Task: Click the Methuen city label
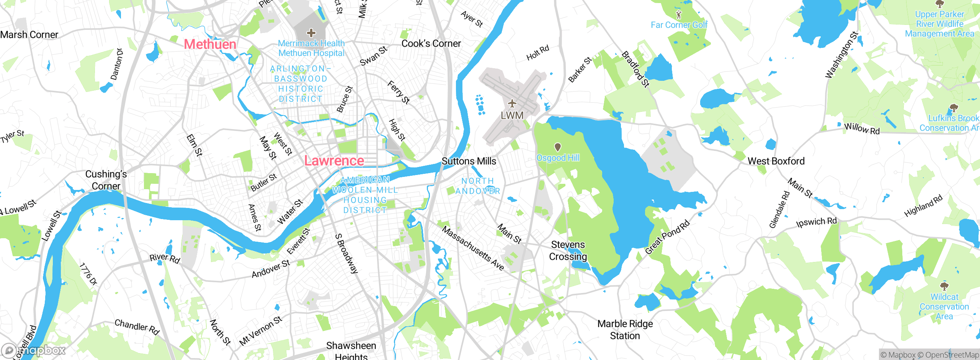click(x=210, y=44)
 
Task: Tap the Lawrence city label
click(x=334, y=161)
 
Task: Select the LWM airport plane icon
click(x=512, y=103)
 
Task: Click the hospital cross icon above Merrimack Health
click(x=311, y=33)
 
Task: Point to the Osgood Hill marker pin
click(x=558, y=147)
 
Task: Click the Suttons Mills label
click(x=469, y=161)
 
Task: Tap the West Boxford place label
click(x=776, y=161)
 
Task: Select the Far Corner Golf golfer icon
click(x=679, y=15)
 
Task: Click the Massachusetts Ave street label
click(x=473, y=249)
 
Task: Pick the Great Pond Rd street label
click(x=667, y=237)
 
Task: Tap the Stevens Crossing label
click(x=568, y=250)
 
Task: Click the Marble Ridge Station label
click(x=625, y=330)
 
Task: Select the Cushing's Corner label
click(x=106, y=180)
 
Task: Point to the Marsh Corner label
click(x=29, y=35)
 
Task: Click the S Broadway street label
click(x=346, y=254)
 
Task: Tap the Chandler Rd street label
click(x=137, y=327)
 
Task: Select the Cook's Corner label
click(x=431, y=44)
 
